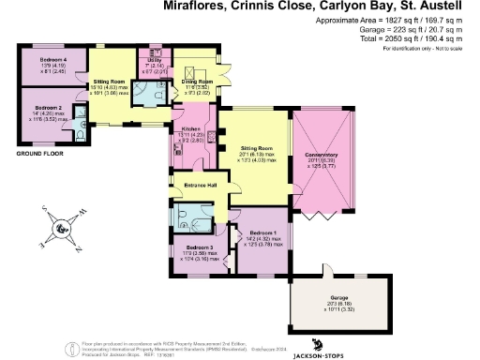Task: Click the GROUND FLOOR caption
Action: [41, 154]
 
